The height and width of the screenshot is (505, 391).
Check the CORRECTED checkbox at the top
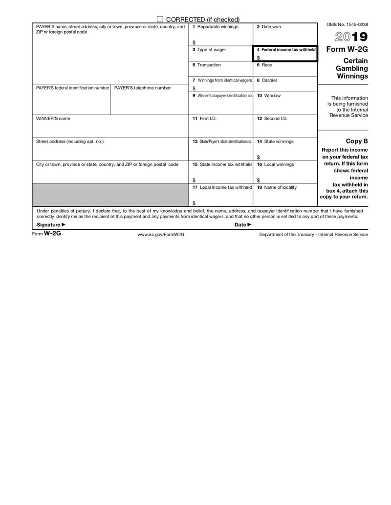coord(160,19)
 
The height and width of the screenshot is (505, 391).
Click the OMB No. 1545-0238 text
coord(347,24)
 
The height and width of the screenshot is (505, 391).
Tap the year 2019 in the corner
coord(351,37)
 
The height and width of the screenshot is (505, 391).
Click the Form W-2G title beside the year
coord(347,49)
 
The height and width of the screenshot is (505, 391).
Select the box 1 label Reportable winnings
coord(216,27)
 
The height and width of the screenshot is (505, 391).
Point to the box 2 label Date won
coord(269,27)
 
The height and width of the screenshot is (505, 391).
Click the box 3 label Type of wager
coord(209,50)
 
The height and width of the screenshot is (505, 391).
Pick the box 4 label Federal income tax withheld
coord(286,50)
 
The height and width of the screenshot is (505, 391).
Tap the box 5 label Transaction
coord(207,65)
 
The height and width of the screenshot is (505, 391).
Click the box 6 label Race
coord(264,65)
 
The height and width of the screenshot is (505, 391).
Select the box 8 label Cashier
coord(267,80)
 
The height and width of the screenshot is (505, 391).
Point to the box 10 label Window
coord(269,96)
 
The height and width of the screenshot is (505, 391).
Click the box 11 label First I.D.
coord(201,119)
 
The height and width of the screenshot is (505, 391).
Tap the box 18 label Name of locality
coord(277,187)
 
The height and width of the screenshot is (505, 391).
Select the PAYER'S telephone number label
coord(142,88)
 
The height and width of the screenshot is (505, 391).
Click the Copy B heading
coord(357,141)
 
